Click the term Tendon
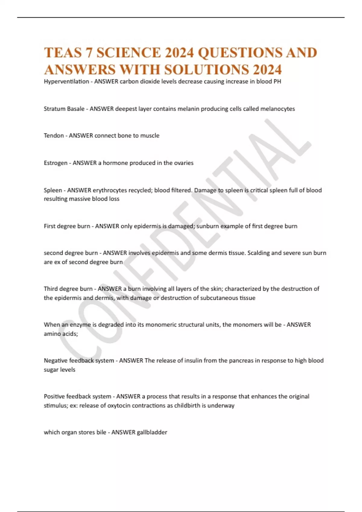(54, 136)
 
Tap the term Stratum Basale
(64, 109)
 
